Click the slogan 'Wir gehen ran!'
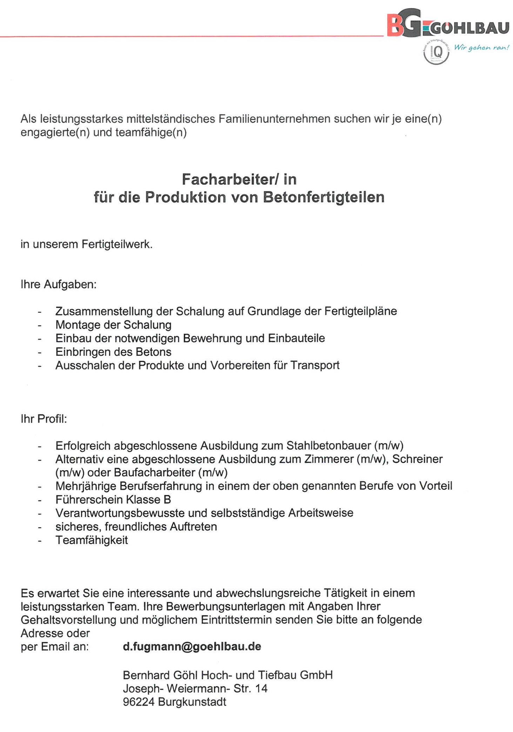[481, 48]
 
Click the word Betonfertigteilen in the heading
[323, 197]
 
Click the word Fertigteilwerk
[117, 244]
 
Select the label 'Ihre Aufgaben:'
[58, 284]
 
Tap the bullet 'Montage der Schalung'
[113, 325]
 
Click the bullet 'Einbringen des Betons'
[113, 352]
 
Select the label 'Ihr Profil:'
[43, 419]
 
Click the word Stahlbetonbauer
[328, 446]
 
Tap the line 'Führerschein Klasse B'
[113, 499]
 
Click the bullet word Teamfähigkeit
[92, 540]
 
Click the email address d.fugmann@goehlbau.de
[192, 646]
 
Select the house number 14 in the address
[261, 688]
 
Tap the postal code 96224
[139, 701]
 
